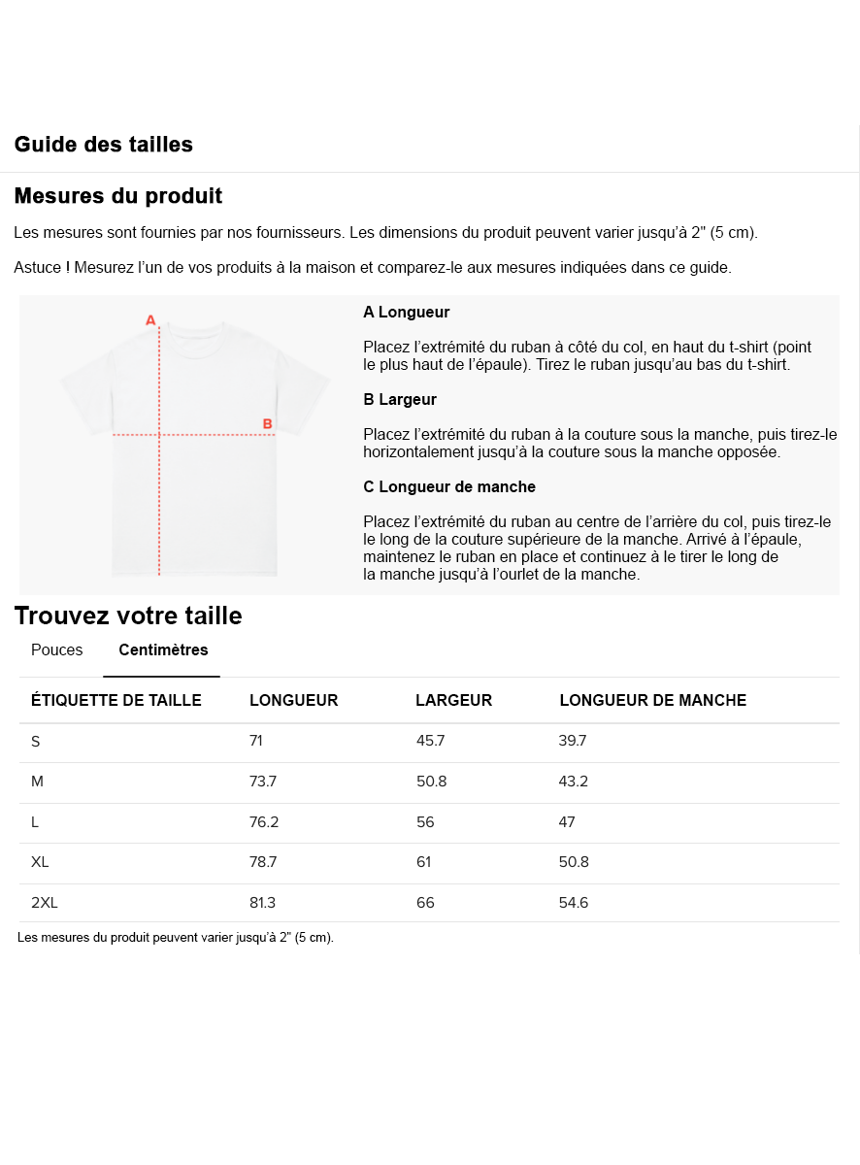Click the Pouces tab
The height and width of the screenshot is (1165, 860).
tap(57, 650)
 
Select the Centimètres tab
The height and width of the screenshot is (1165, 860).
tap(163, 650)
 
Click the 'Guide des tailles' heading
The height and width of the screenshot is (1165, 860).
tap(104, 145)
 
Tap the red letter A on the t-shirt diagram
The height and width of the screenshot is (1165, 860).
tap(150, 319)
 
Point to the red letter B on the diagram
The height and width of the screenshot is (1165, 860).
tap(267, 423)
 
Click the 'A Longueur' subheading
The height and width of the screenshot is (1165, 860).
tap(406, 313)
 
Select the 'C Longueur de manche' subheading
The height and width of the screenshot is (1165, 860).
tap(448, 486)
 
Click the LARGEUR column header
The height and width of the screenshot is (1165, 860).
tap(453, 701)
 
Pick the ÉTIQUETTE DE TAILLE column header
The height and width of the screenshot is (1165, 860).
tap(116, 701)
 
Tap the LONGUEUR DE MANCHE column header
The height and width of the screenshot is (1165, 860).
tap(652, 701)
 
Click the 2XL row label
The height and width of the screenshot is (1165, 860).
tap(45, 903)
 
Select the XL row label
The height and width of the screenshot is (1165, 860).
tap(40, 862)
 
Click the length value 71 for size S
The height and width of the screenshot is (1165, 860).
tap(256, 742)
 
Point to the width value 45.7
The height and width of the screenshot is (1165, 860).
tap(430, 742)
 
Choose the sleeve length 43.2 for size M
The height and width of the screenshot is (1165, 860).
tap(573, 782)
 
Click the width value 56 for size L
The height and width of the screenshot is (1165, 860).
tap(425, 822)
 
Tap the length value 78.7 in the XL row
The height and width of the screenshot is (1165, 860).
tap(263, 862)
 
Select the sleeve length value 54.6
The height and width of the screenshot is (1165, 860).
tap(573, 903)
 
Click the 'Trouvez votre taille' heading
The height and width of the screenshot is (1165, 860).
tap(128, 616)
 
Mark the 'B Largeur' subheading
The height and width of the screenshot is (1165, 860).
tap(400, 399)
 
